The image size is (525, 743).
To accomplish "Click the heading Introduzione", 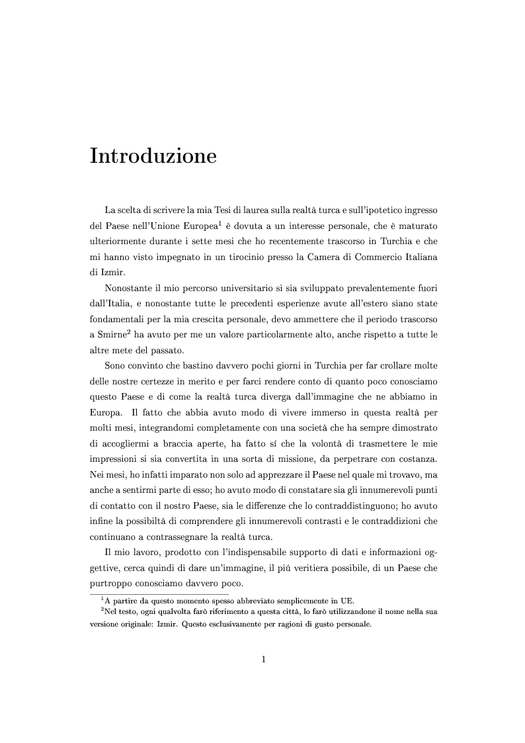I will [x=153, y=157].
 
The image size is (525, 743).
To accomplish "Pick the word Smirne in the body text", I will [x=108, y=335].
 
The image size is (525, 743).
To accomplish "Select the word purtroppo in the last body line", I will [x=112, y=584].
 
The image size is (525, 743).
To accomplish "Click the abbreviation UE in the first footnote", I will [x=346, y=601].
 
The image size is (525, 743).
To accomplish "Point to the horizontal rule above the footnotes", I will [x=159, y=594].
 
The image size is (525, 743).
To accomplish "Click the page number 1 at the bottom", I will [x=262, y=659].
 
